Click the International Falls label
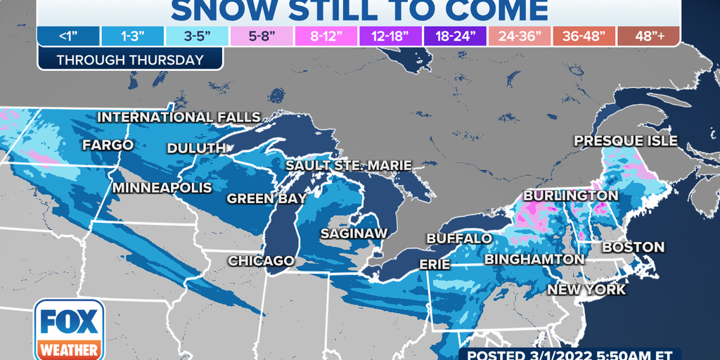179,117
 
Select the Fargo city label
108,145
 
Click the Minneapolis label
162,188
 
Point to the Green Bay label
266,198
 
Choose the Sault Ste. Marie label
348,165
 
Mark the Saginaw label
351,232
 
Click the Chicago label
261,261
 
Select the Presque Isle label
626,141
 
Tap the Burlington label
570,195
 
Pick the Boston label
633,247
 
